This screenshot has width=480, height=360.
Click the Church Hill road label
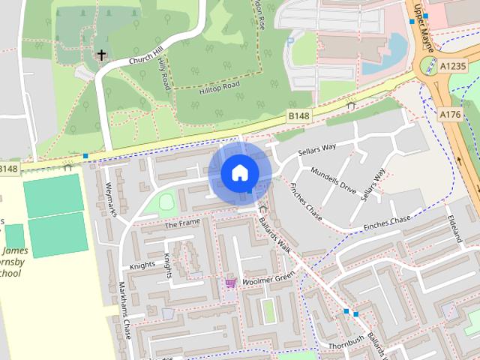click(147, 54)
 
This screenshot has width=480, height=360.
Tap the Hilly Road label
click(162, 75)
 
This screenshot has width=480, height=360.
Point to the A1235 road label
click(453, 66)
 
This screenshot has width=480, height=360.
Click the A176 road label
click(450, 114)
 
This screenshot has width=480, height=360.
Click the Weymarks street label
click(112, 199)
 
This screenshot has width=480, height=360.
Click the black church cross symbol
click(101, 54)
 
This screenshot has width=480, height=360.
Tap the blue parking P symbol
click(289, 43)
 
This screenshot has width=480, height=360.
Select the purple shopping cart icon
click(230, 283)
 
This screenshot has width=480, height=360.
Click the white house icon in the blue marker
click(239, 173)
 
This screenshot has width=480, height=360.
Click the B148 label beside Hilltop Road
click(298, 115)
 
